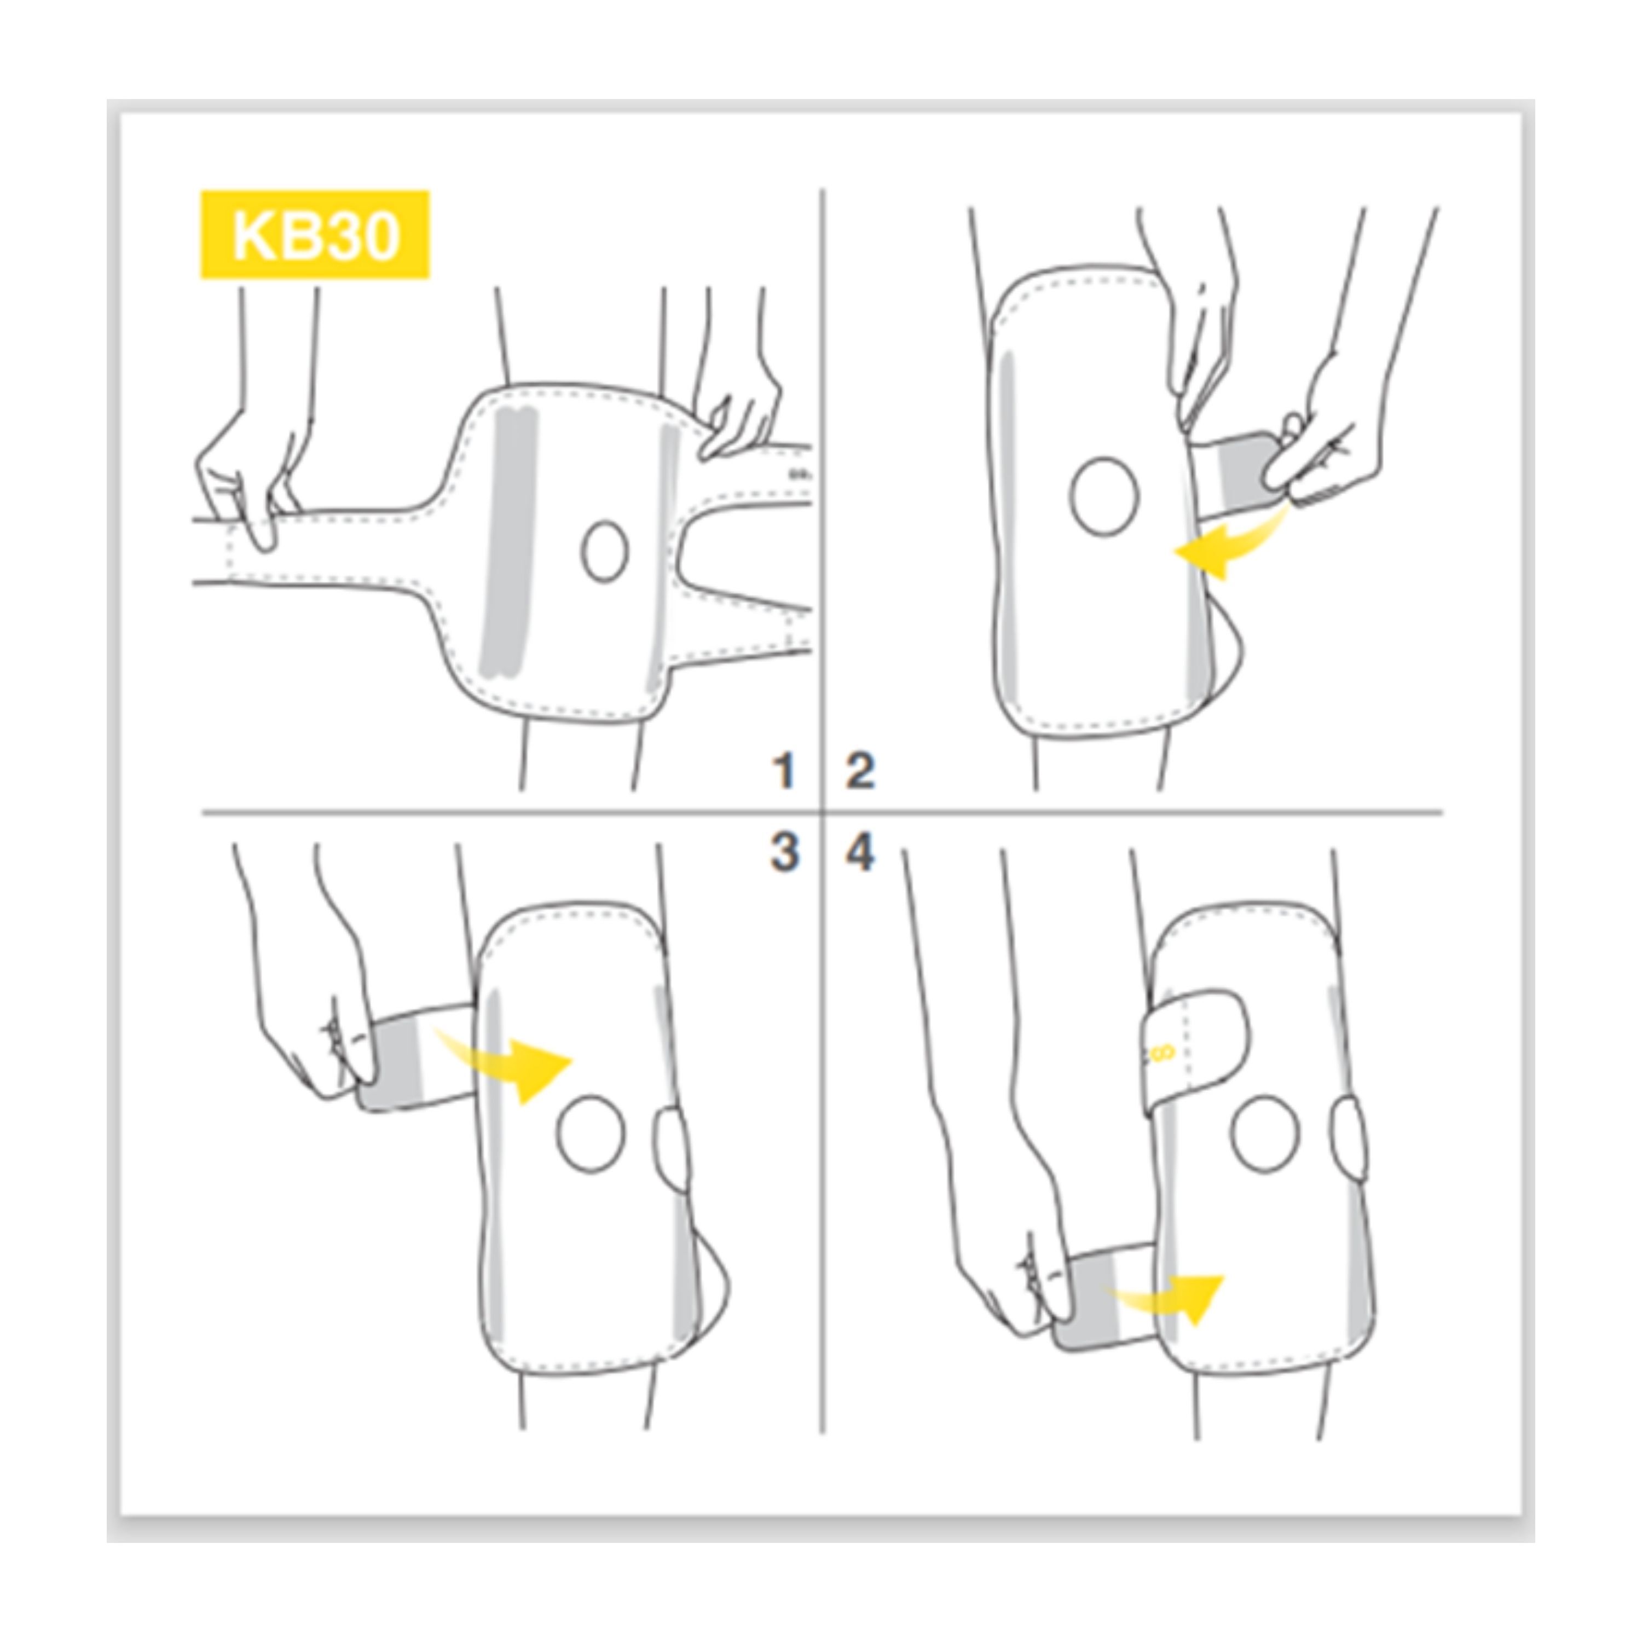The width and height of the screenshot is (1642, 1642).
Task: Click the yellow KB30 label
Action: point(315,235)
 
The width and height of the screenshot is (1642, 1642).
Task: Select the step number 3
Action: point(784,852)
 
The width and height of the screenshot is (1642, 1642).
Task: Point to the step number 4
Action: point(860,852)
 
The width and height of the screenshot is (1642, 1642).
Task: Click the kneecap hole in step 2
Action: point(1104,497)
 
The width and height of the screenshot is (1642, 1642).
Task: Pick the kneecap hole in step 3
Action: point(592,1135)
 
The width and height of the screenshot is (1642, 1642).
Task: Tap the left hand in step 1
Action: point(242,476)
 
